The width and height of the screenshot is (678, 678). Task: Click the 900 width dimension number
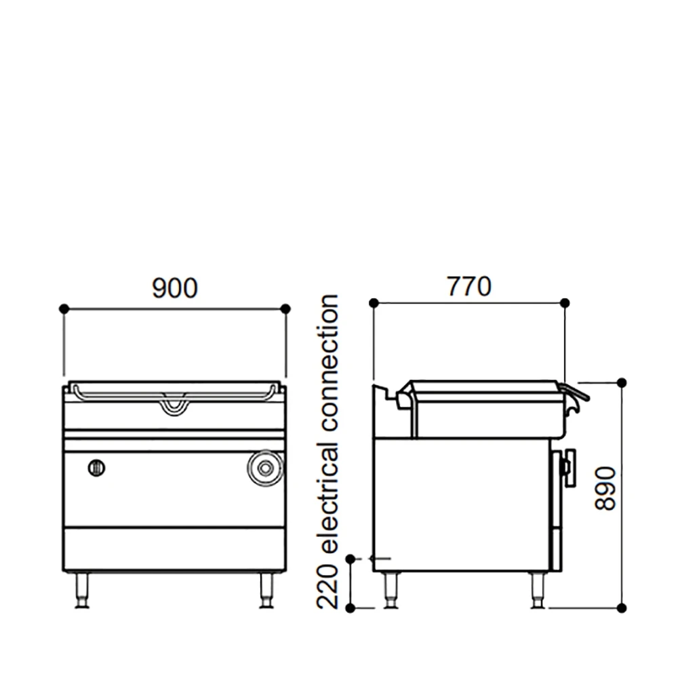coord(174,288)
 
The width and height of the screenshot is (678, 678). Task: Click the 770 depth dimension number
coord(468,287)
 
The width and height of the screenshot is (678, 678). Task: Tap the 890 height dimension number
coord(605,488)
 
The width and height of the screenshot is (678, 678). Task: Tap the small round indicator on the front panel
coord(97,467)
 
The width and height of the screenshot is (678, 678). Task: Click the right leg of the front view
coord(266,590)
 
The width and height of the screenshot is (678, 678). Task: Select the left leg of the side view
coord(391,590)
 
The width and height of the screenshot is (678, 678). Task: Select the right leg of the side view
coord(537,590)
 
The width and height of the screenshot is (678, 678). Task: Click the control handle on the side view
coord(567,467)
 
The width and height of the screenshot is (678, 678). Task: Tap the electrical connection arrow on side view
coord(380,558)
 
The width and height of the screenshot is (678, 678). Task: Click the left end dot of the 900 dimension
coord(64,308)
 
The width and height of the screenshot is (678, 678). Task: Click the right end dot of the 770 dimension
coord(565,303)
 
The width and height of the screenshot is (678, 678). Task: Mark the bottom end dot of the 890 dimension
coord(622,607)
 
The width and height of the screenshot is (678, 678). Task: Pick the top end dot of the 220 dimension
coord(350,559)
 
